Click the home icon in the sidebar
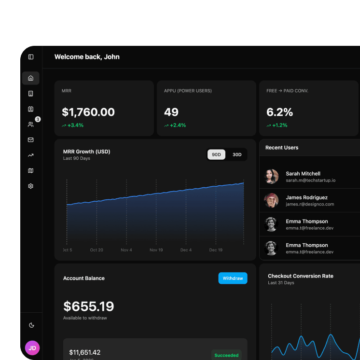31,78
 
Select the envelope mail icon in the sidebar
31,140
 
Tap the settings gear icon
31,186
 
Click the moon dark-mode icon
32,325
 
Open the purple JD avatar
32,348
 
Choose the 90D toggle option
216,154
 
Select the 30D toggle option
237,154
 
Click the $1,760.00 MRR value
88,112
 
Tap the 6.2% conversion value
280,112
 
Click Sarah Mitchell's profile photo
272,177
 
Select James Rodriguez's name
306,197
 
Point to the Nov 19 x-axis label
156,250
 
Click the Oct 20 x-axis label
97,250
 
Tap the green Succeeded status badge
226,355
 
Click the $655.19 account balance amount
89,306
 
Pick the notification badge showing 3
38,119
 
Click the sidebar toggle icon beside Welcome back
31,57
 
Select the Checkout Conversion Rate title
301,276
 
